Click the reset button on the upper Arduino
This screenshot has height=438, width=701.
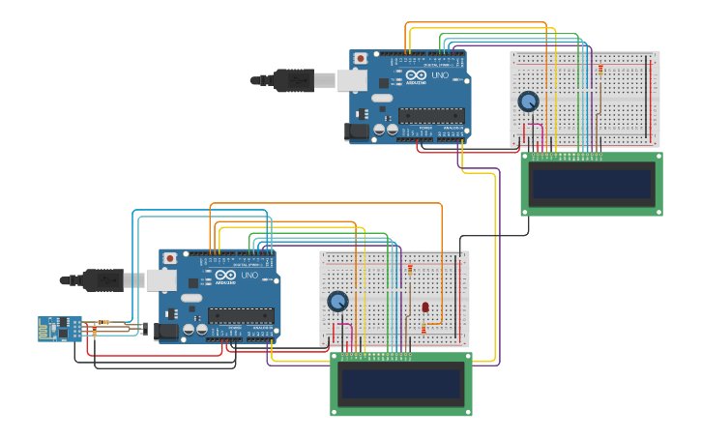pos(361,58)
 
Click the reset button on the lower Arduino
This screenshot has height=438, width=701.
pos(170,258)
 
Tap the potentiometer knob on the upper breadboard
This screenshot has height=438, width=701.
pos(528,101)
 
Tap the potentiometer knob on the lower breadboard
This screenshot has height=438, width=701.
pos(337,302)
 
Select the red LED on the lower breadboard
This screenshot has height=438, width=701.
pos(425,307)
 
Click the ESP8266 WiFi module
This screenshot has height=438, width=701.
pos(60,329)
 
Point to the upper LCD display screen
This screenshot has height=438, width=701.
pos(592,184)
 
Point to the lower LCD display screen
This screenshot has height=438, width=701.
pos(401,384)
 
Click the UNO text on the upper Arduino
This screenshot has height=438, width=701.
pos(440,75)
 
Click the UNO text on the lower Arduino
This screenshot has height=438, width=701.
pos(249,276)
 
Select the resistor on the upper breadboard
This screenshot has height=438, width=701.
pos(600,69)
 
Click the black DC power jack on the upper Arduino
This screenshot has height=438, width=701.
pos(358,131)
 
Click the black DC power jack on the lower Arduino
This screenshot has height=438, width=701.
pos(167,332)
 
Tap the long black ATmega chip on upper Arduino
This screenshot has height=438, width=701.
pos(431,115)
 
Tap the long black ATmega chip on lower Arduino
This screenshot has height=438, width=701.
pos(241,315)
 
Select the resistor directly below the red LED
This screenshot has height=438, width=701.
pos(424,329)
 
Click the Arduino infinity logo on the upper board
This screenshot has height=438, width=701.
pos(417,75)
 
